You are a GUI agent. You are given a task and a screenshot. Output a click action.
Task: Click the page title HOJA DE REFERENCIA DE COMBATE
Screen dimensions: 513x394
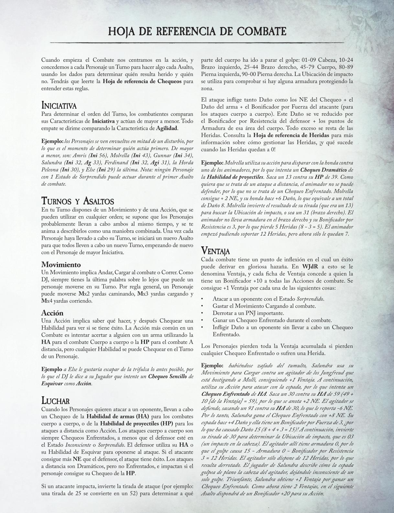197,31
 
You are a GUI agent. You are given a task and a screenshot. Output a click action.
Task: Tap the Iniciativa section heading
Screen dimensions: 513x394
59,106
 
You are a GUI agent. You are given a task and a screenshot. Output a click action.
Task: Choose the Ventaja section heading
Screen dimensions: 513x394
215,251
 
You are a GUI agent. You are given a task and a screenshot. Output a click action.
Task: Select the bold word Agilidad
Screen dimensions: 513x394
167,128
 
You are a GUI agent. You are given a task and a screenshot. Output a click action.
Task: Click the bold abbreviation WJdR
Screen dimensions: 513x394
311,267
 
